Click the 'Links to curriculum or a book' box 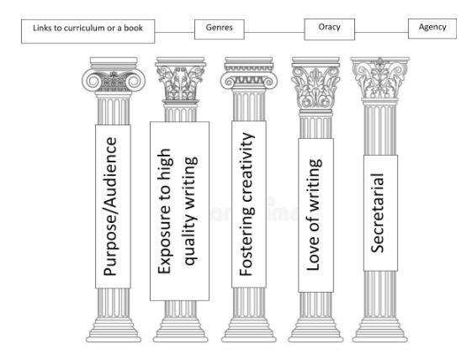tap(88, 32)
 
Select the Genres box tap(219, 29)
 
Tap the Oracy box tap(329, 29)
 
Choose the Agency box tap(432, 29)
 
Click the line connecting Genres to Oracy tap(274, 32)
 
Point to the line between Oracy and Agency tap(381, 32)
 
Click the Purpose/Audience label tap(113, 206)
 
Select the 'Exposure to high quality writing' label tap(179, 211)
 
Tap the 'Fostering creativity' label tap(249, 204)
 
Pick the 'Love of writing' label tap(316, 215)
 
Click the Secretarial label tap(380, 213)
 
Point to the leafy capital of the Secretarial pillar tap(380, 79)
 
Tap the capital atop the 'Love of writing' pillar tap(316, 83)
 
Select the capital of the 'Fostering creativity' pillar tap(249, 74)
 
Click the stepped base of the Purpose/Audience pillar tap(114, 331)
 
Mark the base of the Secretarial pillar tap(380, 331)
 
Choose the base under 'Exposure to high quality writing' tap(180, 331)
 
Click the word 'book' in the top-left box tap(133, 28)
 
